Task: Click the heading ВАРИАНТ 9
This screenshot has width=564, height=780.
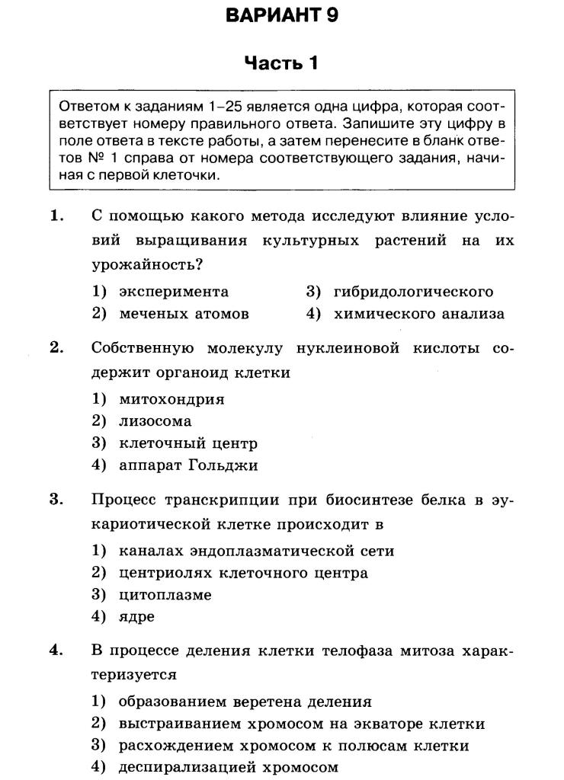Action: (x=281, y=15)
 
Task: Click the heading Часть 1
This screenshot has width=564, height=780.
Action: (x=280, y=63)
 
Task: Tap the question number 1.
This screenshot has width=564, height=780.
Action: (x=56, y=216)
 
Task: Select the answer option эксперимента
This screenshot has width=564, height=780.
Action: (x=174, y=292)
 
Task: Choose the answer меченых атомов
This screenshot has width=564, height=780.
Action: (x=184, y=314)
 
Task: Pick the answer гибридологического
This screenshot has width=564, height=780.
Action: (x=413, y=292)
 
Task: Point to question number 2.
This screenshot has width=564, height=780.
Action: (x=56, y=348)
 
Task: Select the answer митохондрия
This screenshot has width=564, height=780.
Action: (x=171, y=399)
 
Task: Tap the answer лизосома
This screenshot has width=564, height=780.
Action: (x=155, y=421)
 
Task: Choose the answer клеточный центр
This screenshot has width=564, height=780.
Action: (x=188, y=443)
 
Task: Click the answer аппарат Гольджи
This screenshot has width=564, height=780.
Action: (x=188, y=465)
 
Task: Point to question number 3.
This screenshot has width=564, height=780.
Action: (x=56, y=500)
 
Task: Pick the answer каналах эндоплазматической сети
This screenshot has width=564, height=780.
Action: (x=256, y=551)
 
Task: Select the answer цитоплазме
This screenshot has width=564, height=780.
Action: (x=165, y=595)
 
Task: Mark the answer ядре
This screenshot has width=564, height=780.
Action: (x=136, y=617)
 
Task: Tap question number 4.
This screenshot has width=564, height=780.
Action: (x=56, y=651)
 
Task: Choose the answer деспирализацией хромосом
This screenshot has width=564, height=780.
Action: (x=228, y=768)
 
